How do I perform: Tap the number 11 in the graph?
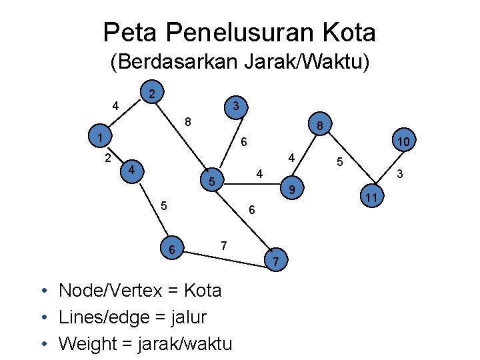tap(372, 198)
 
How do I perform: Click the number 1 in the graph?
tap(98, 138)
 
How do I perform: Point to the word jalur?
tap(189, 317)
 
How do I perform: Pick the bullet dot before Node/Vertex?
tap(43, 291)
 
